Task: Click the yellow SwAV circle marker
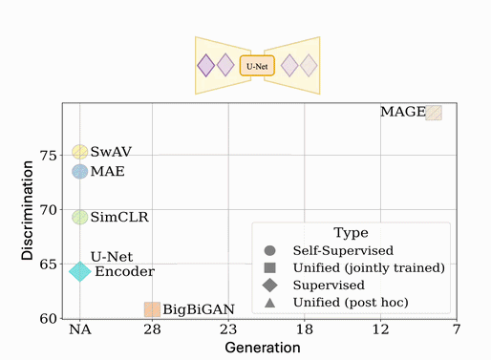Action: coord(80,153)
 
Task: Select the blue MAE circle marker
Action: coord(80,172)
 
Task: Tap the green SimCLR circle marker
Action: coord(80,217)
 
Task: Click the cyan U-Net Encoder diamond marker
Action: coord(80,271)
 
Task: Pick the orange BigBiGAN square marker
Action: coord(152,309)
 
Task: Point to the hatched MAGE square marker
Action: coord(434,113)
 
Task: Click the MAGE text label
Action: coord(402,112)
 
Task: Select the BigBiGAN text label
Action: coord(194,309)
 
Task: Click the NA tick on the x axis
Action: coord(80,329)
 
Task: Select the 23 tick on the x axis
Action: coord(228,329)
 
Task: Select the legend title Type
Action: coord(351,232)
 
